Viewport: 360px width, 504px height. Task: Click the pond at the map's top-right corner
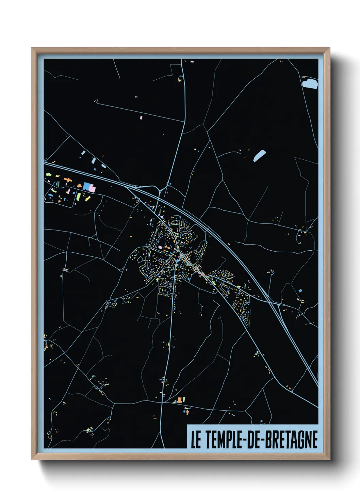click(x=310, y=83)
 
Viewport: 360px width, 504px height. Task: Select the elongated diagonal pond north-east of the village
click(x=259, y=156)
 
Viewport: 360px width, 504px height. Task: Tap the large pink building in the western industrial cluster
click(x=91, y=187)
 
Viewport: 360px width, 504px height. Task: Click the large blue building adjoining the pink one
click(x=86, y=186)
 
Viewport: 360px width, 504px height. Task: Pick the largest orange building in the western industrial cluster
click(x=67, y=179)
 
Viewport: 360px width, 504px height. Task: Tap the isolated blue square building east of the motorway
click(x=300, y=290)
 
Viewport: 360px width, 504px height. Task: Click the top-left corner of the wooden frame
click(x=32, y=48)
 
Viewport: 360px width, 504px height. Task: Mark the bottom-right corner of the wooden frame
click(x=329, y=459)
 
